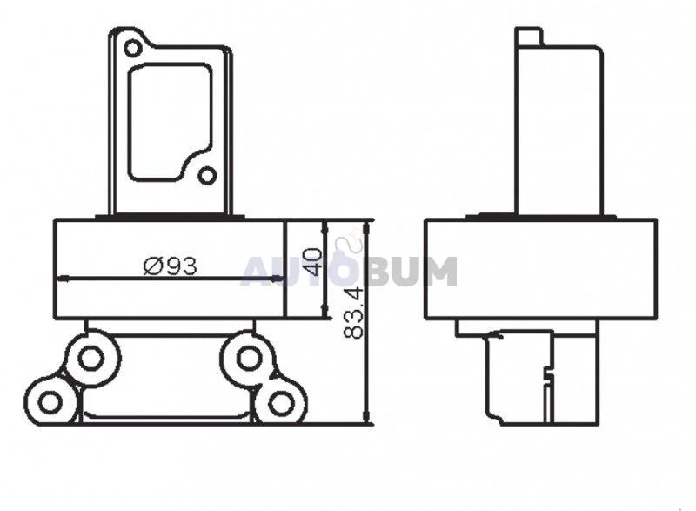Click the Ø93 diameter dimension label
coord(170,266)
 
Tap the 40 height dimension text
coord(312,261)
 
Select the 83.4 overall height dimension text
coord(354,313)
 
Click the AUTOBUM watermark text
coord(349,271)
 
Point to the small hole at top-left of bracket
coord(132,48)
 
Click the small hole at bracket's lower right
coord(206,176)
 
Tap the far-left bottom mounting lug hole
coord(50,403)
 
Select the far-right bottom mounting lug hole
coord(281,403)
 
